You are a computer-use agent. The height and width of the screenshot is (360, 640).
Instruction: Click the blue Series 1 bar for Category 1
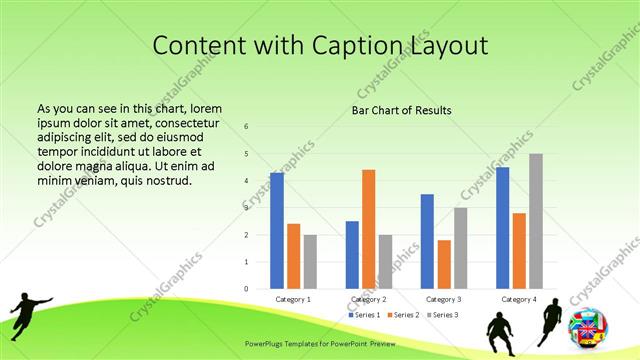click(277, 231)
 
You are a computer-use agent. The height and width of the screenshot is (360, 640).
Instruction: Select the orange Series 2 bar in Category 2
click(369, 229)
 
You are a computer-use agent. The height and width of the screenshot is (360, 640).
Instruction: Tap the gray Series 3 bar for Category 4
click(536, 221)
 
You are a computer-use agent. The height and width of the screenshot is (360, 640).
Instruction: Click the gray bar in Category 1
click(310, 262)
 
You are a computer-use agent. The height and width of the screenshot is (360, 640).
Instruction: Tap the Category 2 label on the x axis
click(368, 299)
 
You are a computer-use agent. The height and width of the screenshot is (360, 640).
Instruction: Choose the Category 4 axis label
click(518, 299)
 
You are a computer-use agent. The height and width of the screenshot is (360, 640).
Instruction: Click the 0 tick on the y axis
click(247, 289)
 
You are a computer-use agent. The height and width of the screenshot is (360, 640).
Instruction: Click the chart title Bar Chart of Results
click(401, 110)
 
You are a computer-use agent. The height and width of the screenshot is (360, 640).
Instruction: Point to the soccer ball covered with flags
click(587, 328)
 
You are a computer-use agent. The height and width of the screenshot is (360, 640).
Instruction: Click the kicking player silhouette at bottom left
click(28, 312)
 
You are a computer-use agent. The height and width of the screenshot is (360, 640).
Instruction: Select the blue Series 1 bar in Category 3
click(427, 241)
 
